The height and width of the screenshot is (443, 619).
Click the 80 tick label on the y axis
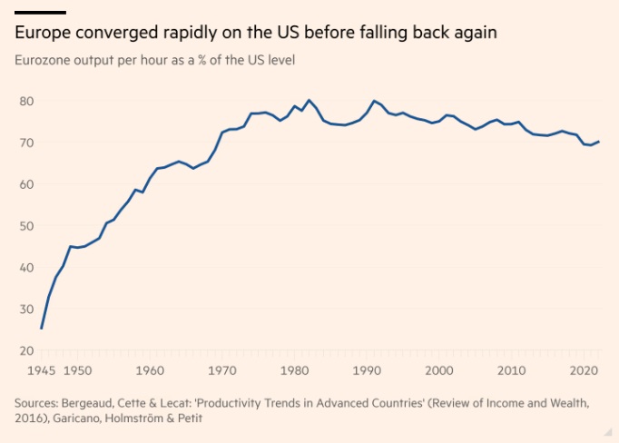click(x=26, y=101)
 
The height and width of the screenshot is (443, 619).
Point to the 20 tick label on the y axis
click(x=26, y=350)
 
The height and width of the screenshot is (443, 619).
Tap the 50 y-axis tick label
click(x=26, y=226)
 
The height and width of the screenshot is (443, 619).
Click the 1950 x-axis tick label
click(x=77, y=370)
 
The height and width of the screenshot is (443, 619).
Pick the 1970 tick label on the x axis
click(x=221, y=370)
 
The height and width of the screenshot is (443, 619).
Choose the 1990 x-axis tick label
click(x=366, y=370)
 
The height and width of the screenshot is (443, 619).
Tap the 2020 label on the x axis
click(x=582, y=370)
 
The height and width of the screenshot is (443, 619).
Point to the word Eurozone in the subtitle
click(x=43, y=61)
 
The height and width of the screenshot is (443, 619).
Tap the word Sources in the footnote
click(x=36, y=402)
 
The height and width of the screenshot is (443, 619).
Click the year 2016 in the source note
click(x=29, y=418)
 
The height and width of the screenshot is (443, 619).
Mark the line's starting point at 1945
click(x=42, y=328)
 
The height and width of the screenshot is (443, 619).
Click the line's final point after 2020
click(x=599, y=142)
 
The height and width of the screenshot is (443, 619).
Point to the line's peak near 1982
click(x=309, y=100)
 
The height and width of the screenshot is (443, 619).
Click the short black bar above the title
click(x=40, y=12)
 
